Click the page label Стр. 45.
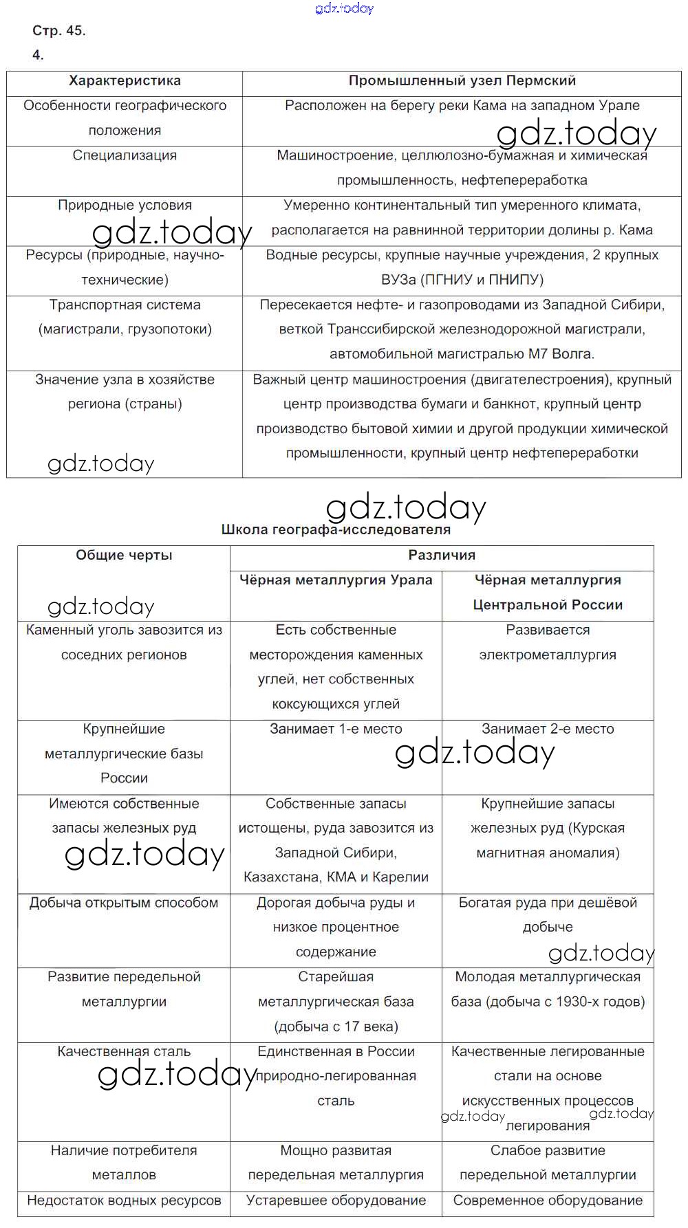tap(59, 31)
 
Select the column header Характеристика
tap(125, 81)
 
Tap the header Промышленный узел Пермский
tap(462, 81)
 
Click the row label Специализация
tap(125, 155)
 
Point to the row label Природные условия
tap(125, 205)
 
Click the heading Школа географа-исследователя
tap(336, 530)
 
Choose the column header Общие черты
tap(124, 556)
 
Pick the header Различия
tap(442, 556)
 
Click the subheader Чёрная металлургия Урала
tap(336, 580)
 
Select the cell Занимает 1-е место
tap(336, 729)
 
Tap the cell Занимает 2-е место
tap(548, 729)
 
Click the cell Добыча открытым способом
tap(124, 903)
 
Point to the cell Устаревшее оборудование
tap(336, 1200)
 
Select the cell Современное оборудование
tap(548, 1200)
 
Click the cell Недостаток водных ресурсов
tap(124, 1200)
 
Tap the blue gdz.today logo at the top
tap(344, 8)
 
